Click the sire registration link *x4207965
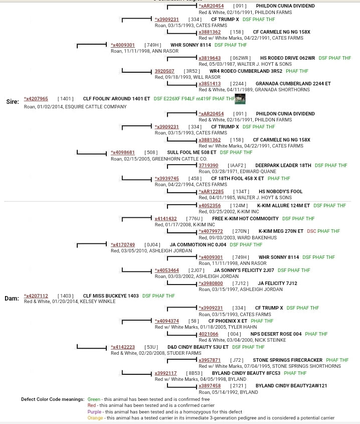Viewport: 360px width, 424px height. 36,99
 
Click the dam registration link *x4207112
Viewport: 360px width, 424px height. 36,296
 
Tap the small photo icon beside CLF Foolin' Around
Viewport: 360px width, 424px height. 240,99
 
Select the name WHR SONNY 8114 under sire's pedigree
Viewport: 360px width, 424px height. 191,45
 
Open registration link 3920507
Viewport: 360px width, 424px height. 164,71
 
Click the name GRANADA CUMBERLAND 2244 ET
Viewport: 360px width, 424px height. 293,84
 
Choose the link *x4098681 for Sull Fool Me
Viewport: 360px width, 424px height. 123,153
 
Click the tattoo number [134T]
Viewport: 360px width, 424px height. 241,192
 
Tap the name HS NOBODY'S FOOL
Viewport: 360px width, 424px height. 280,192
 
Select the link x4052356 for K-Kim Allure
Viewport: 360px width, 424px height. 210,206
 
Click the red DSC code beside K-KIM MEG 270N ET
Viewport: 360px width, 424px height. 311,231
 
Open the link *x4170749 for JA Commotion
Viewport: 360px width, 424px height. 123,245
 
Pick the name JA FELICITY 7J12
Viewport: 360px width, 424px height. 277,284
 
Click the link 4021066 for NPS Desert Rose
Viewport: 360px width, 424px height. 208,334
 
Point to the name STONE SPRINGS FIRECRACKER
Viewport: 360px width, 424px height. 287,360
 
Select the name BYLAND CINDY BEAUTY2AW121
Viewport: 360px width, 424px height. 291,386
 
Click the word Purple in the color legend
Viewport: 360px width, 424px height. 94,411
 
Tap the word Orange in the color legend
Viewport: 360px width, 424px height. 95,417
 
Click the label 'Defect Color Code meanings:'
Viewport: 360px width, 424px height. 53,399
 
